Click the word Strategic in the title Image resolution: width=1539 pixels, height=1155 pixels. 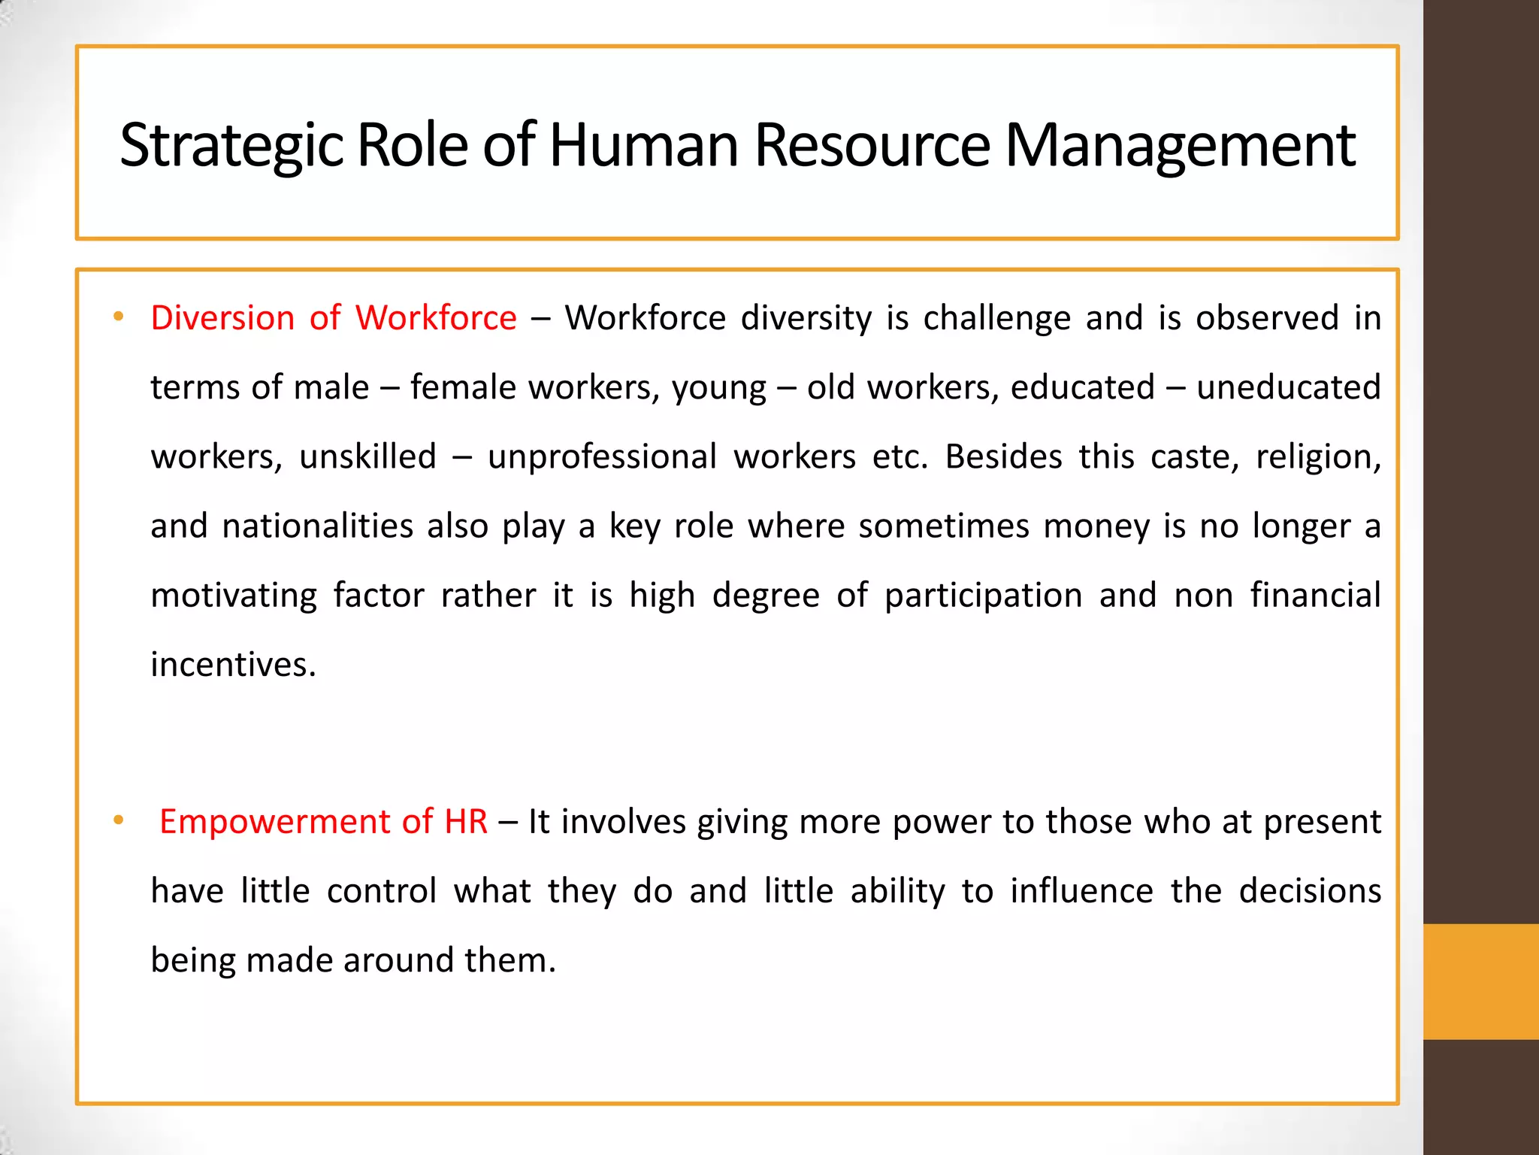pos(231,145)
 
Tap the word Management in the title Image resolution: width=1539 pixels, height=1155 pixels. pos(1180,145)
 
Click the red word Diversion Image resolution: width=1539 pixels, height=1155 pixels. pos(222,318)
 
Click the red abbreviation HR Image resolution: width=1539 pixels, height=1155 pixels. pos(466,821)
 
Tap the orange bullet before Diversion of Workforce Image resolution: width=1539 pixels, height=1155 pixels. pos(118,317)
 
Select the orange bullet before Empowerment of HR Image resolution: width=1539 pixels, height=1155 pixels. pos(118,820)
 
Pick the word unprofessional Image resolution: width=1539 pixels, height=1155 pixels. pos(602,457)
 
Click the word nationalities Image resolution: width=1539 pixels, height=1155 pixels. pos(317,526)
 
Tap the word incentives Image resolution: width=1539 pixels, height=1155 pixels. pos(233,665)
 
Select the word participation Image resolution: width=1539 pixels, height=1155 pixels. pos(983,596)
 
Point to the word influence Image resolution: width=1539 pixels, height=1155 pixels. pos(1081,891)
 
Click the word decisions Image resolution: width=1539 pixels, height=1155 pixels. pos(1310,891)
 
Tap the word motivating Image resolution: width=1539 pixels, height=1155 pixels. pos(234,596)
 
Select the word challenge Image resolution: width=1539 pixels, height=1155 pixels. pos(996,318)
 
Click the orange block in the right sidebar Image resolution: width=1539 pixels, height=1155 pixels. pos(1480,981)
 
